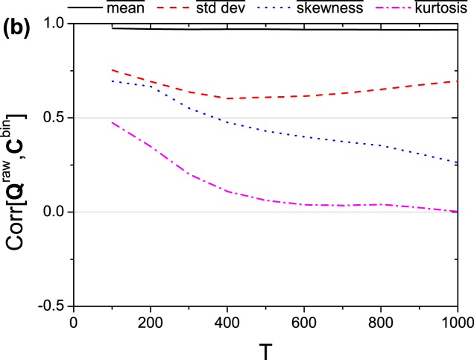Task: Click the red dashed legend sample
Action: tap(173, 7)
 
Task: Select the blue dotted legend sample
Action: tap(274, 7)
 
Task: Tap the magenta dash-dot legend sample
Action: tap(393, 7)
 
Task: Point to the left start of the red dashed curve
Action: tap(112, 70)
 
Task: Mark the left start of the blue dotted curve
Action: tap(112, 81)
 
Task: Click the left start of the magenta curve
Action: tap(112, 122)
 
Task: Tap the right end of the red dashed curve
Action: tap(457, 81)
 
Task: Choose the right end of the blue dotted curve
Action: tap(457, 162)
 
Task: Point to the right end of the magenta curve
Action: tap(457, 211)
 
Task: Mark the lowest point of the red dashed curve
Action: tap(228, 98)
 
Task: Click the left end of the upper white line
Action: tap(75, 118)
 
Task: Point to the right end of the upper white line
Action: tap(451, 118)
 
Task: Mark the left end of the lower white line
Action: tap(75, 212)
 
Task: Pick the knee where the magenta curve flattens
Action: tap(228, 192)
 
